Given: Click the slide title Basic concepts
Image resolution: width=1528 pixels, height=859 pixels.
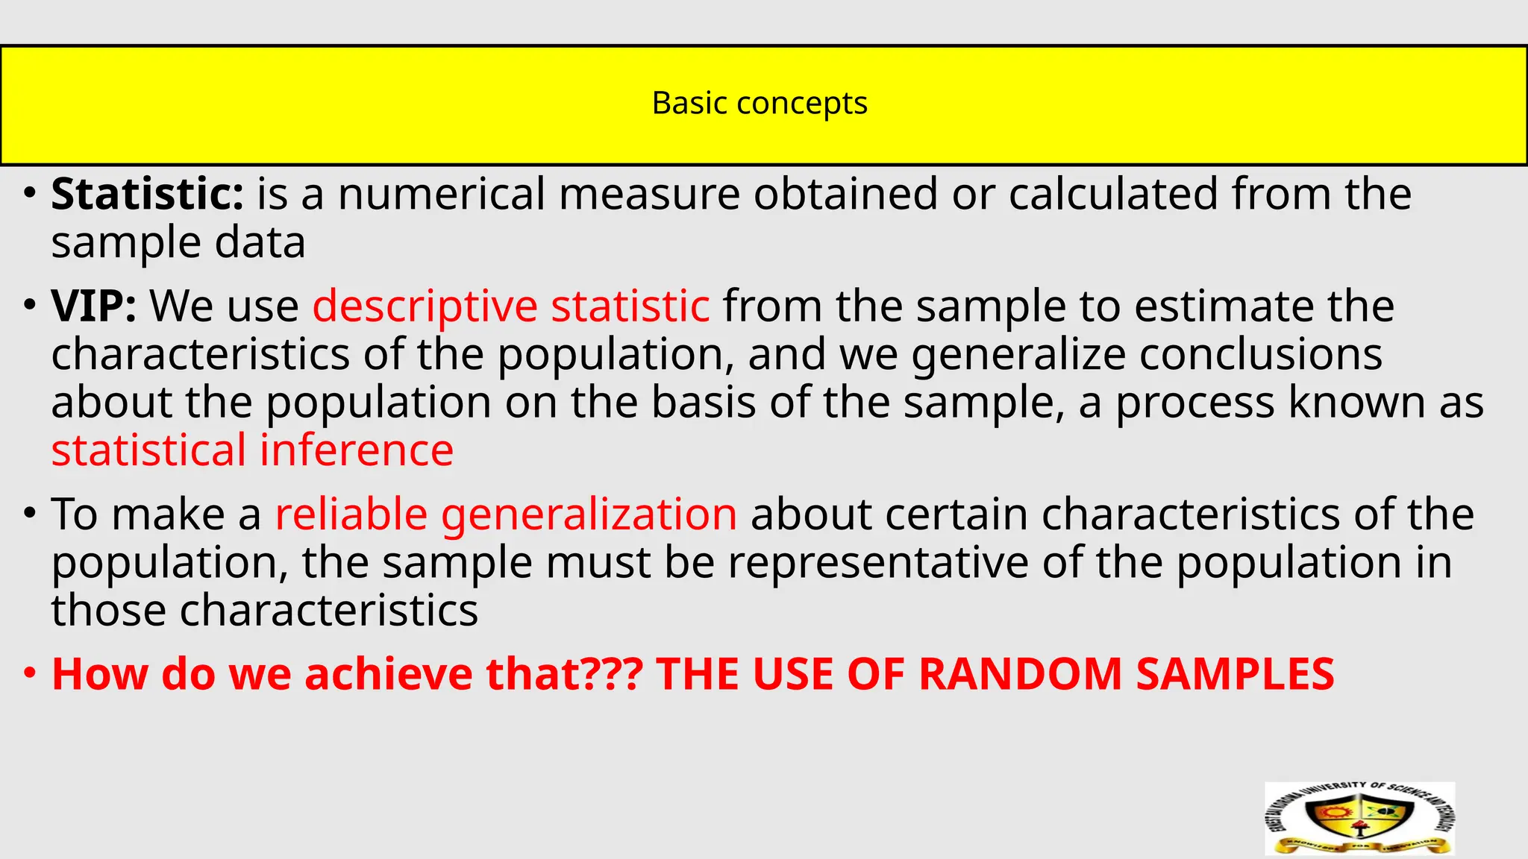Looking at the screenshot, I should tap(760, 104).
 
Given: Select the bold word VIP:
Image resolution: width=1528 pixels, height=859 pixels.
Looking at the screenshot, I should tap(93, 306).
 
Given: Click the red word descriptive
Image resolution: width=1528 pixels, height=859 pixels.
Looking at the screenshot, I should tap(425, 306).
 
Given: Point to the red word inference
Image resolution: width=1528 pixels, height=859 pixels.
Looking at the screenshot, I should tap(356, 450).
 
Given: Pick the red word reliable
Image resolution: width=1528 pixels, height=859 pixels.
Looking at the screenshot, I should tap(351, 514).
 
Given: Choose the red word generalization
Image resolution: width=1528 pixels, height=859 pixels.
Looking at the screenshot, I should tap(589, 515).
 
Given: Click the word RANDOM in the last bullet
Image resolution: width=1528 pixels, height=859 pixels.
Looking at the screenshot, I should tap(1020, 674).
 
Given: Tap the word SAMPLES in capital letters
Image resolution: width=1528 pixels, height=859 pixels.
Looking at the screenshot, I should tap(1235, 674).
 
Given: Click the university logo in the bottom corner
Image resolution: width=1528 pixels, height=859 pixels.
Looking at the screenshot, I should tap(1359, 818).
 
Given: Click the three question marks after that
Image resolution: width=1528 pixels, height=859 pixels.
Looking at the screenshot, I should tap(612, 674).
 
